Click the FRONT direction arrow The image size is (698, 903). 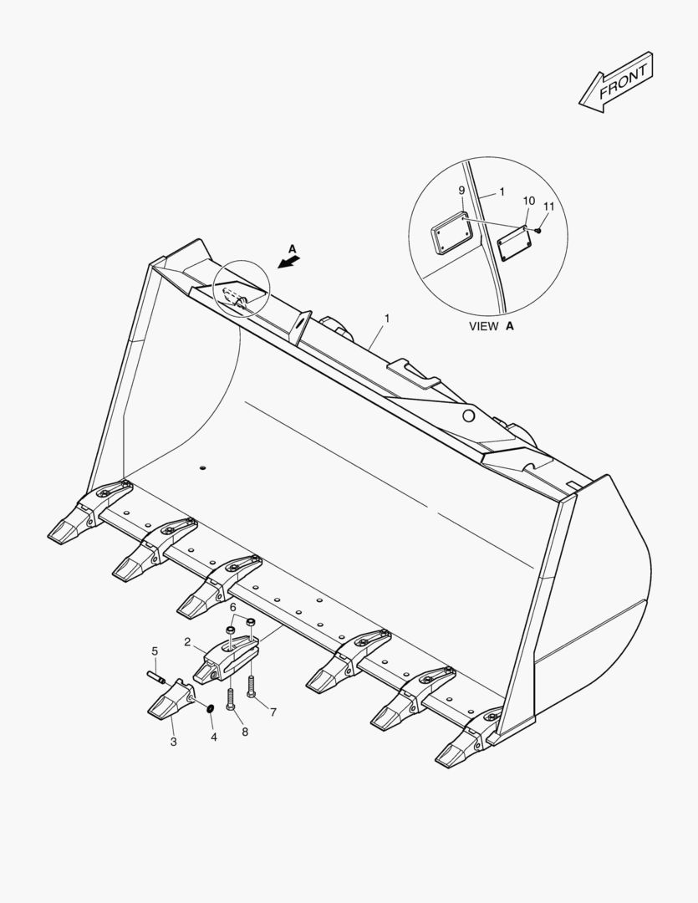pyautogui.click(x=616, y=82)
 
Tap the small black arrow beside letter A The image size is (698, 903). pyautogui.click(x=289, y=263)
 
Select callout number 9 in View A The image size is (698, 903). pyautogui.click(x=461, y=190)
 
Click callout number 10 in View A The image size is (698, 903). pyautogui.click(x=528, y=201)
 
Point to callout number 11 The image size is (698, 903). pyautogui.click(x=549, y=207)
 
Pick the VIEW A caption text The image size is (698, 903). pyautogui.click(x=492, y=326)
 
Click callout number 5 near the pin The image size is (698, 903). pyautogui.click(x=155, y=651)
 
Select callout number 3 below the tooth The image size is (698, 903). pyautogui.click(x=173, y=742)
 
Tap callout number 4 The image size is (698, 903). pyautogui.click(x=214, y=737)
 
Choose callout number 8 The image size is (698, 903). pyautogui.click(x=245, y=732)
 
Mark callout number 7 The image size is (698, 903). pyautogui.click(x=273, y=712)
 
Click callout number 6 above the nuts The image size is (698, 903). pyautogui.click(x=232, y=608)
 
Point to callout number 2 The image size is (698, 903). pyautogui.click(x=187, y=642)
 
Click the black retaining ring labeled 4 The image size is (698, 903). pyautogui.click(x=211, y=707)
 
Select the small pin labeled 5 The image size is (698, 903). pyautogui.click(x=156, y=677)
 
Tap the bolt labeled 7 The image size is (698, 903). pyautogui.click(x=251, y=686)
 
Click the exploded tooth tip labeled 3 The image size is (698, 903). pyautogui.click(x=171, y=699)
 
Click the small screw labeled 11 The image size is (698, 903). pyautogui.click(x=538, y=231)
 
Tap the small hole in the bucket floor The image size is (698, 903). pyautogui.click(x=202, y=467)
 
